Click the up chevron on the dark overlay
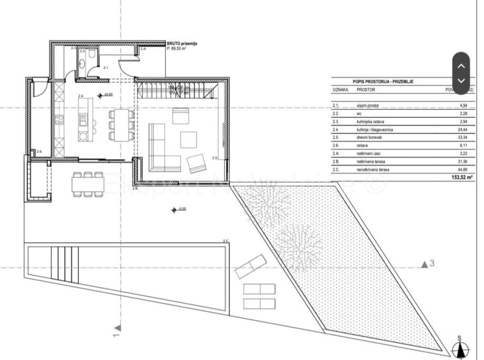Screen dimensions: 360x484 pos(461,66)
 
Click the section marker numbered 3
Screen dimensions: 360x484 pos(427,264)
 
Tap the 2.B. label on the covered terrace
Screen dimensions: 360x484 pos(135,187)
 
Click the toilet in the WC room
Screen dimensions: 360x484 pos(92,54)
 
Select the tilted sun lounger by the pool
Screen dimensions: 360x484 pos(251,266)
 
